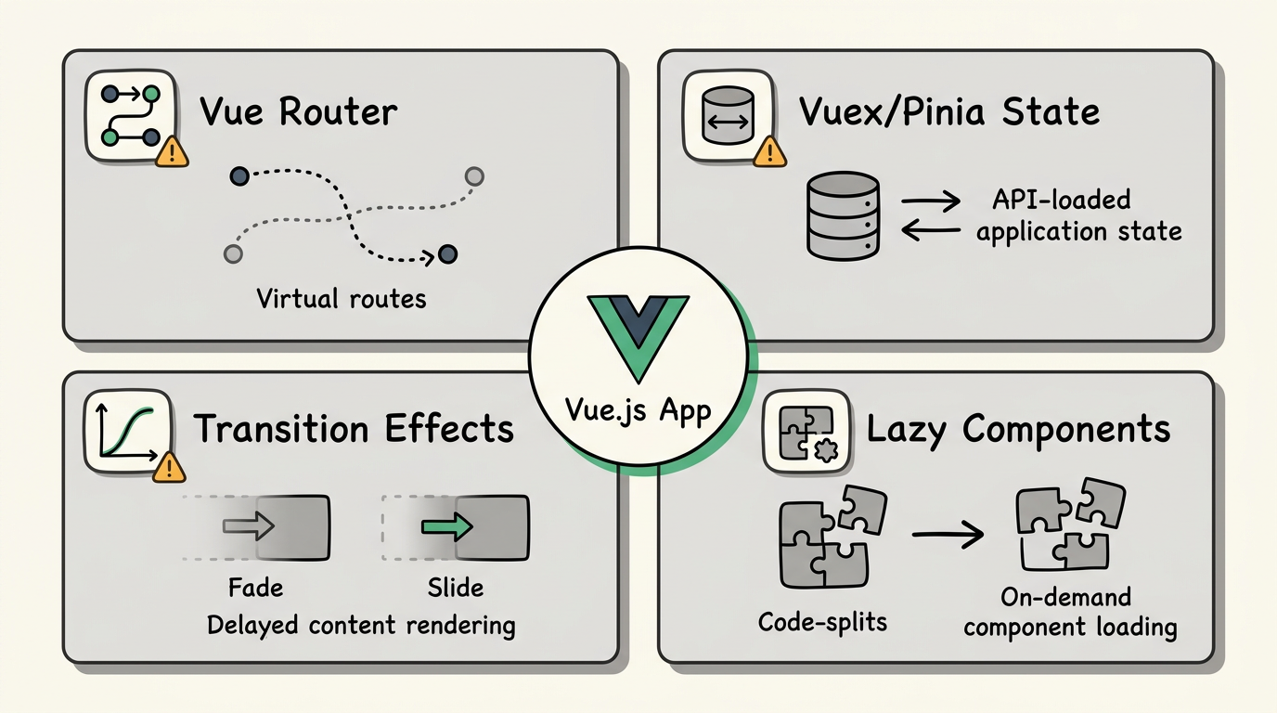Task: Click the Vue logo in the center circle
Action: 638,334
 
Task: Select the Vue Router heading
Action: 299,112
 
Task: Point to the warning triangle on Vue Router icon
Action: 172,152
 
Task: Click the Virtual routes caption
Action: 341,299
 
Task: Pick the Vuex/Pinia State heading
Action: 948,112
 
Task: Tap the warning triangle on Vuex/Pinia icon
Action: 770,152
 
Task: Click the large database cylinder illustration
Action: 843,214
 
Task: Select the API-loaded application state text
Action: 1079,215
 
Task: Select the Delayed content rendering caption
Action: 360,625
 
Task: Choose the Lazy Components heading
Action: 1018,429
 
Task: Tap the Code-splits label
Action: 822,621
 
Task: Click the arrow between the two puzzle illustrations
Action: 947,534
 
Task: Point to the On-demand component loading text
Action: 1070,613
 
